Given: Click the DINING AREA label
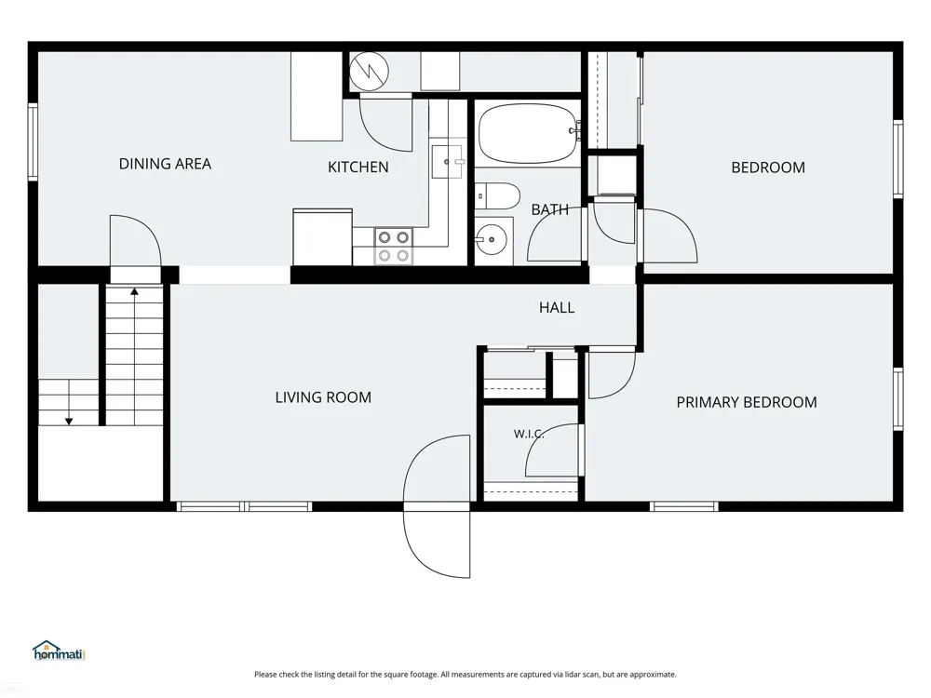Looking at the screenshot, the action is tap(165, 164).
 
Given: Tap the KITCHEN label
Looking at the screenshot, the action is tap(358, 168).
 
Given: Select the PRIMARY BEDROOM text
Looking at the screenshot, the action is tap(747, 402).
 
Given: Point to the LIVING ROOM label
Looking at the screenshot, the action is tap(323, 397).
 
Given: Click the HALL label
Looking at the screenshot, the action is tap(557, 307).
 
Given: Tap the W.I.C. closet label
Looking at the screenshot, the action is tap(529, 434).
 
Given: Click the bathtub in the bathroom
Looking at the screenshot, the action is tap(529, 133).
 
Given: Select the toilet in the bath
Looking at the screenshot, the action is tap(497, 195).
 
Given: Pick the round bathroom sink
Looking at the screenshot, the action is tap(492, 240).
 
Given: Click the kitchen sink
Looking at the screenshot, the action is tap(447, 161).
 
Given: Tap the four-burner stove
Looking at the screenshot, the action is tap(394, 247).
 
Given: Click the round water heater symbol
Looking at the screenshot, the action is tap(369, 72).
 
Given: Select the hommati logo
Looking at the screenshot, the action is tap(59, 651).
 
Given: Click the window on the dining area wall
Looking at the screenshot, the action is tap(33, 141).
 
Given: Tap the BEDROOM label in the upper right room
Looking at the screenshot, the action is tap(768, 168).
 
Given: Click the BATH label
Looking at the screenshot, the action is tap(550, 209).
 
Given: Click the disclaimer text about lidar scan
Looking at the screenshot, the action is tap(465, 674).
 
